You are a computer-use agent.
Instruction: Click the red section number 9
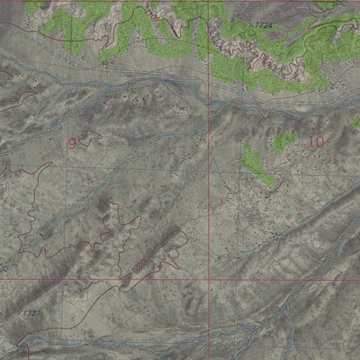(x=71, y=142)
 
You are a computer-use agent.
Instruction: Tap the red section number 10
(x=315, y=141)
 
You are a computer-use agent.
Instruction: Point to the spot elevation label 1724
(x=263, y=25)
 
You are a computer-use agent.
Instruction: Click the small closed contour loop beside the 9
(x=89, y=138)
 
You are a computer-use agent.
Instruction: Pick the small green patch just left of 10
(x=284, y=141)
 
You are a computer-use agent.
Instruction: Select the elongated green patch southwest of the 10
(x=258, y=165)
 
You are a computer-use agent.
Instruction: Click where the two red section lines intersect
(x=213, y=279)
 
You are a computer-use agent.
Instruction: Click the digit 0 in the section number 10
(x=319, y=141)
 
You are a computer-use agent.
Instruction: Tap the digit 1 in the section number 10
(x=310, y=141)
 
